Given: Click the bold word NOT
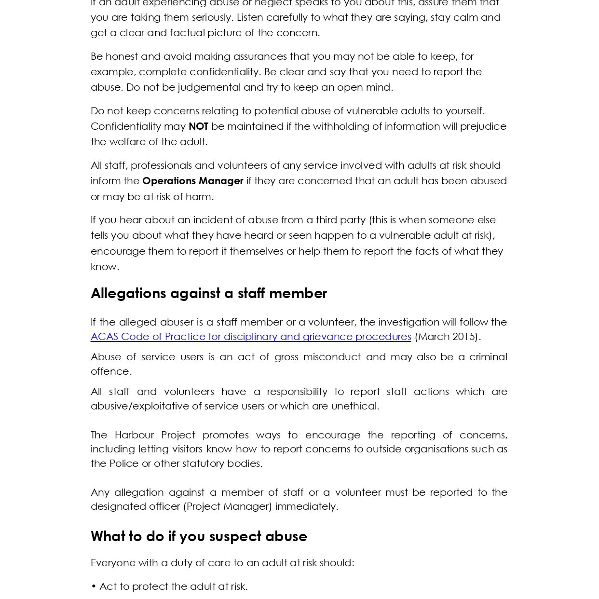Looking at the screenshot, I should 198,126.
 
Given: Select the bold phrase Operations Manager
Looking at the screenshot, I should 192,181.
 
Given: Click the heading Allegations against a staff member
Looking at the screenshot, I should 209,293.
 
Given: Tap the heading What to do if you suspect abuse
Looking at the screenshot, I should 199,536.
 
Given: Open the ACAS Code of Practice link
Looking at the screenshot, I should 251,337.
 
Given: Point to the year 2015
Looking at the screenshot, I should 464,337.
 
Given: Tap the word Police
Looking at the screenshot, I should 124,463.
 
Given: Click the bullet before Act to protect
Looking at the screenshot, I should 94,587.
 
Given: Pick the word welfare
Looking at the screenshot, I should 126,142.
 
